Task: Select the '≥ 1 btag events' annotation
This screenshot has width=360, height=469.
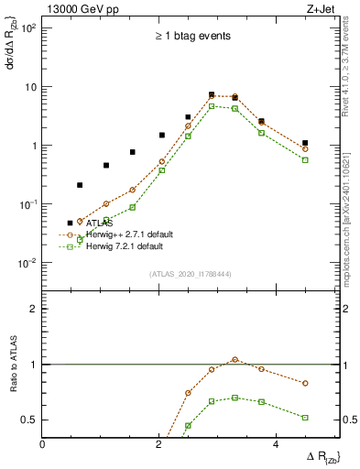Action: pos(192,37)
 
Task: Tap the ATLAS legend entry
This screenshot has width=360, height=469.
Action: pos(98,223)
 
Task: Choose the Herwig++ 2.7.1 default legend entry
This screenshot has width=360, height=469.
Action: pos(124,234)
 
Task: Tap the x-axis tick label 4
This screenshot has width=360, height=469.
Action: pos(275,443)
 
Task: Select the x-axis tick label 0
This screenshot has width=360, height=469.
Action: pos(43,443)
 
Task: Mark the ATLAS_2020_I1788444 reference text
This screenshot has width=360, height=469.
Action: pos(191,273)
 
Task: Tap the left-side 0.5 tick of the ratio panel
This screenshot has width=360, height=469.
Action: pos(31,420)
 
